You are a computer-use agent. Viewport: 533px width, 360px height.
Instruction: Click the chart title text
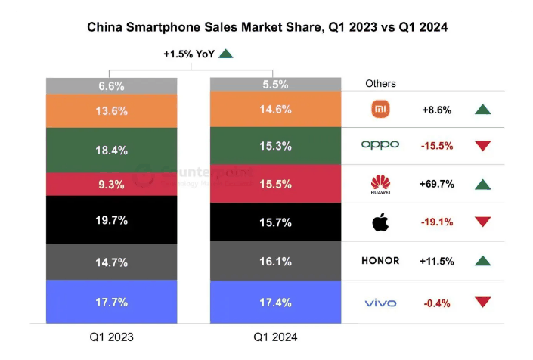click(x=267, y=28)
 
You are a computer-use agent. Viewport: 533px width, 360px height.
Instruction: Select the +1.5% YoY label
click(x=189, y=54)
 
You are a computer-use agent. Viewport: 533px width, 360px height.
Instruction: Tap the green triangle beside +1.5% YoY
click(x=226, y=54)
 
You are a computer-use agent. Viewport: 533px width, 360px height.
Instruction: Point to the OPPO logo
click(x=380, y=145)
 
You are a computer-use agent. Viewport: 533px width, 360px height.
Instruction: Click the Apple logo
click(x=380, y=222)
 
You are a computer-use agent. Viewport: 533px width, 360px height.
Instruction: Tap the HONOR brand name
click(x=380, y=261)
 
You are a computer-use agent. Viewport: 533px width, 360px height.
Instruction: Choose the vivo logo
click(x=380, y=303)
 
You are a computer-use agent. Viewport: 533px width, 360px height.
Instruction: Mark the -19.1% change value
click(x=436, y=222)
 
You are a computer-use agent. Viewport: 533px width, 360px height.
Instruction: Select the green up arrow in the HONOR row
click(x=483, y=261)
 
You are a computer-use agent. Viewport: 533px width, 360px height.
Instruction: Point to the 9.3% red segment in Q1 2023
click(x=112, y=184)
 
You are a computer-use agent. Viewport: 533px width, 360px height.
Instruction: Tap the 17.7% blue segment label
click(x=112, y=303)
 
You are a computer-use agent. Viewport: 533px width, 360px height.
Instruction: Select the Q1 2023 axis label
click(x=112, y=337)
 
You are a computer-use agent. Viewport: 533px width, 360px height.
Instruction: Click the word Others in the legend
click(x=380, y=83)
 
